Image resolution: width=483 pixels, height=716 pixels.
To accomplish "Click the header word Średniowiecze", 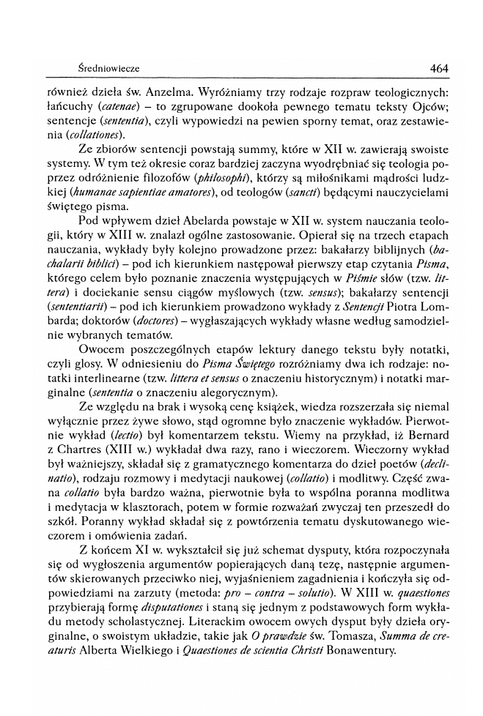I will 108,69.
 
